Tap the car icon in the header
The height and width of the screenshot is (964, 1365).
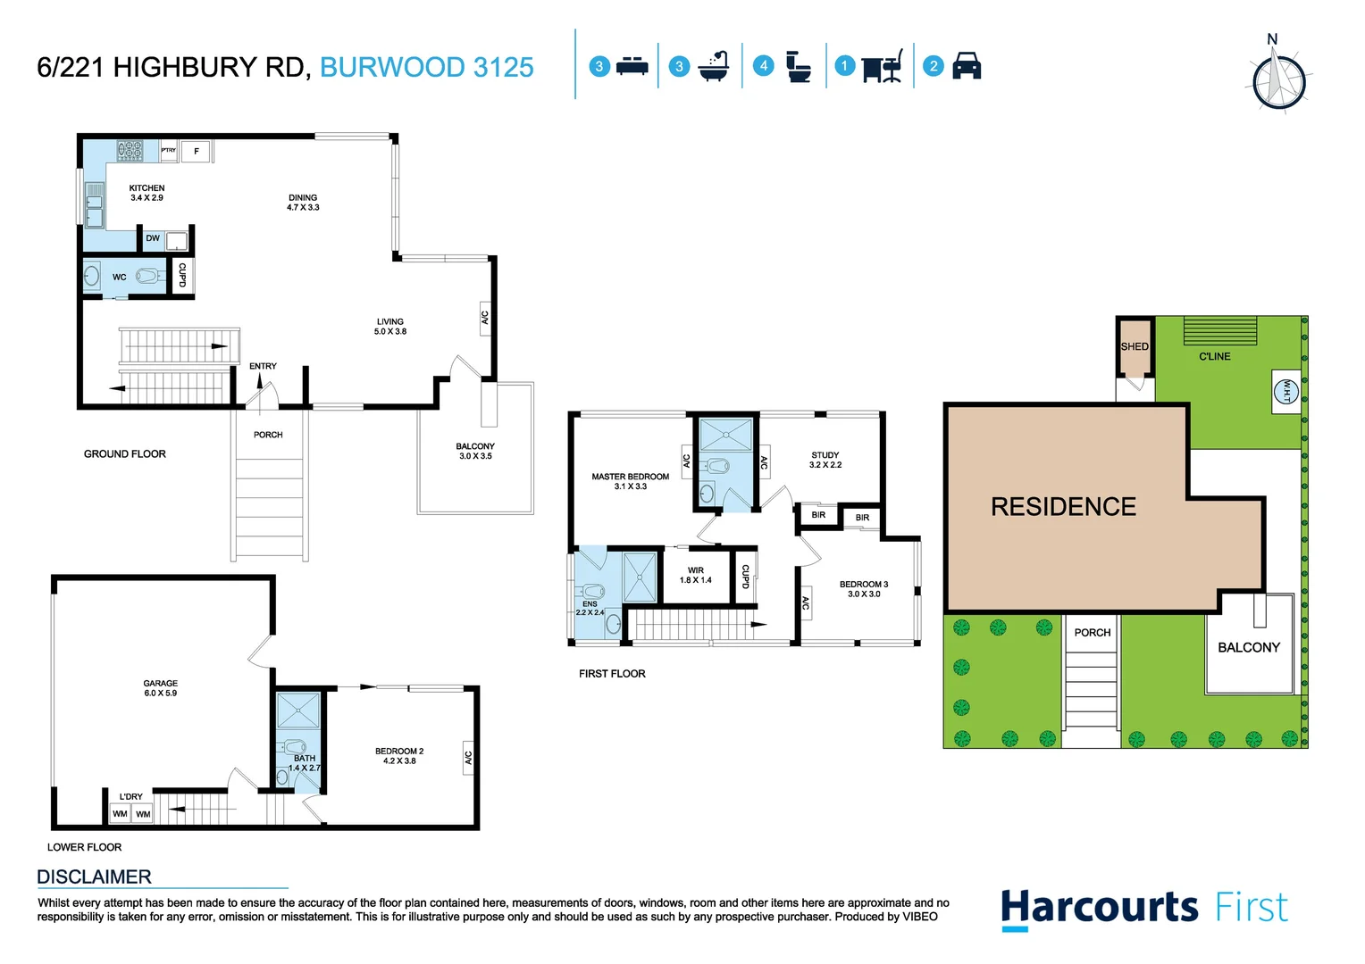(967, 66)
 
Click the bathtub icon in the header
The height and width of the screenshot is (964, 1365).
(714, 67)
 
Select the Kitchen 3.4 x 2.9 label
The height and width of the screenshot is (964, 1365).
(147, 193)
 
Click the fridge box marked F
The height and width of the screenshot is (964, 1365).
(197, 152)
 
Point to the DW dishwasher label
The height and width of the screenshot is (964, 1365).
(153, 238)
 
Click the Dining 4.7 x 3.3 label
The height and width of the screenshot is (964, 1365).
(303, 203)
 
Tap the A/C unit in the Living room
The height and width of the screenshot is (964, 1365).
(485, 318)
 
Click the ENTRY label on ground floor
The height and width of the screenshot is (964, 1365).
(263, 366)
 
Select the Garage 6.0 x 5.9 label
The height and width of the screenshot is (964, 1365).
(161, 688)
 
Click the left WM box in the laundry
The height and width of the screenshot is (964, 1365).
(120, 814)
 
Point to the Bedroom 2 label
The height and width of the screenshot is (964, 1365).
(399, 756)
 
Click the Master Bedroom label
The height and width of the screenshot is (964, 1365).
(630, 481)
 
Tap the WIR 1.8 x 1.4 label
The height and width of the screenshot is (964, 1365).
(695, 575)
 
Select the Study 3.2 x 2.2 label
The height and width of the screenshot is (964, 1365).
(825, 460)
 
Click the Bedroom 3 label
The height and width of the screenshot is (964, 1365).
(863, 588)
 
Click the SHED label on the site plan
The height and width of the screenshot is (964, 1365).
(1135, 346)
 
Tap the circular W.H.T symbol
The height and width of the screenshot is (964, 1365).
(1286, 391)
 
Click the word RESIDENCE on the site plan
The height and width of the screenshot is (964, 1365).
(1063, 507)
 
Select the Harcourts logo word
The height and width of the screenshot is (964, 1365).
(1099, 907)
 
